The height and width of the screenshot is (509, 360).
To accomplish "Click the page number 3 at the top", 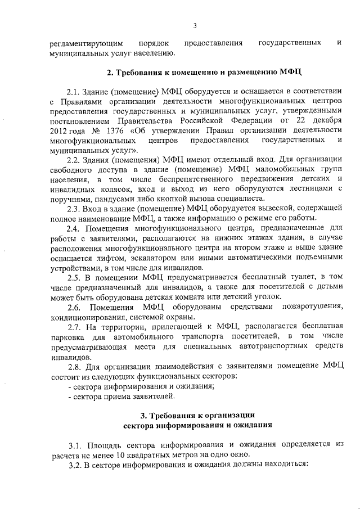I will tap(195, 25).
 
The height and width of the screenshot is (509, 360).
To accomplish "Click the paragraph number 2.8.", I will tap(74, 366).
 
